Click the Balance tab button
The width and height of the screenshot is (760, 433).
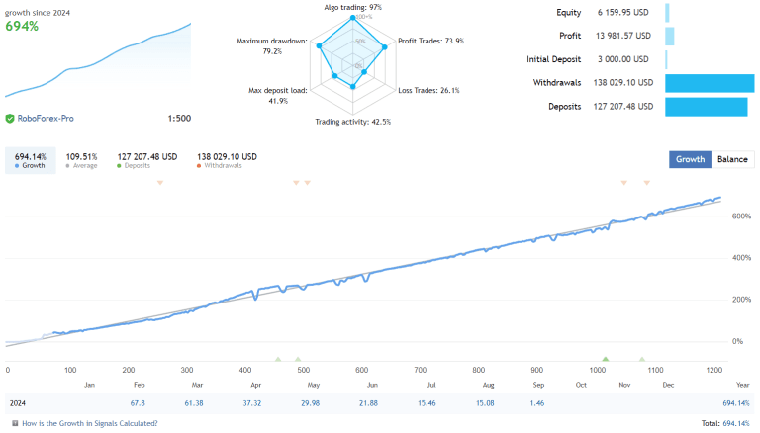pos(732,159)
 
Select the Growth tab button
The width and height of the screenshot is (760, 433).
pos(690,159)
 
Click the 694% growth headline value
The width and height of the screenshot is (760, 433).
pos(23,26)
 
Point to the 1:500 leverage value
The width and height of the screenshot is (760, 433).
pos(179,119)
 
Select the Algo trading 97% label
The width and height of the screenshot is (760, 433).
pos(353,7)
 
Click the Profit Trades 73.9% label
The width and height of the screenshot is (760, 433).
pos(430,41)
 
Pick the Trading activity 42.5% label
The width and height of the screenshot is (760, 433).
pos(352,122)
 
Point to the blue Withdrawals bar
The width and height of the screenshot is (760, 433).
pos(710,82)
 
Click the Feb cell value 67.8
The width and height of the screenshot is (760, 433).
pos(137,403)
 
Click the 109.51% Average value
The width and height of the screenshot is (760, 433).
pos(81,156)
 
